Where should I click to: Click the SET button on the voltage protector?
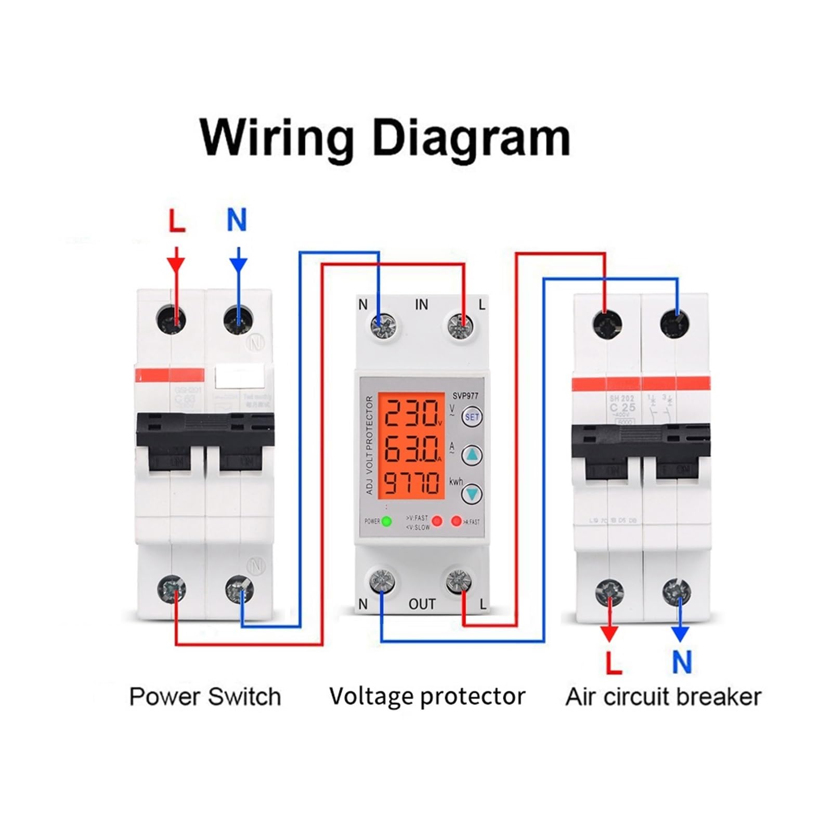point(472,417)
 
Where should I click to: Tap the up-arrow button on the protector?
point(472,455)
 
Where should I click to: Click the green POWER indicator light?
point(386,521)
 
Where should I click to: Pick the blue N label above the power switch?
point(237,220)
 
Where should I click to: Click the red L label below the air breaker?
point(613,662)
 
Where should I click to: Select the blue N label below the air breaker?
point(682,662)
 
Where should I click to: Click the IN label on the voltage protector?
point(421,305)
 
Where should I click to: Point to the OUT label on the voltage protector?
point(422,604)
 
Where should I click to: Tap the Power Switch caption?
point(205,697)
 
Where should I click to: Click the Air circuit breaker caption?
point(663,697)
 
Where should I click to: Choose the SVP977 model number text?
point(465,396)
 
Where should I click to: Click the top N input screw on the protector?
point(383,326)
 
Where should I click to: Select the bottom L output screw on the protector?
point(459,581)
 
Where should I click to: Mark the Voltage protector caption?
point(427,697)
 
